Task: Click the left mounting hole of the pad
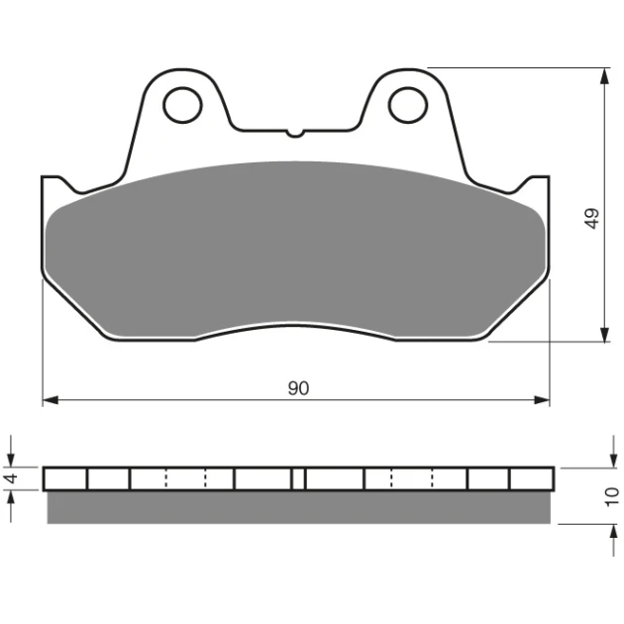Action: click(x=182, y=105)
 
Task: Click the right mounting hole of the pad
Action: click(x=408, y=105)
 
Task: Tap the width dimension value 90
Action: click(x=298, y=388)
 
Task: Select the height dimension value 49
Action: click(x=592, y=219)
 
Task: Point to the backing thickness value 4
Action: click(x=12, y=478)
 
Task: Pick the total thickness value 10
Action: click(x=612, y=497)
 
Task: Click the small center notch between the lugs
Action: click(x=295, y=134)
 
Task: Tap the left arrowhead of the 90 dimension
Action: click(x=51, y=400)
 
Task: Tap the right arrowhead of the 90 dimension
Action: click(x=541, y=400)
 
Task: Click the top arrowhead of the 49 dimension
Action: click(x=604, y=76)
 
